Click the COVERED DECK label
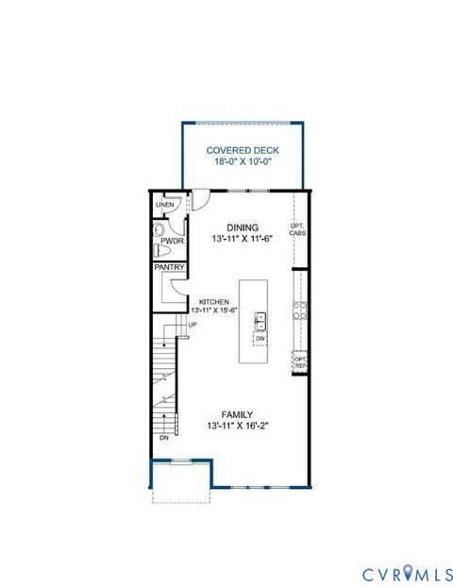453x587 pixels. [242, 149]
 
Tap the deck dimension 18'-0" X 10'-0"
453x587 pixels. [242, 161]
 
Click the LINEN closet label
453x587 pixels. [164, 205]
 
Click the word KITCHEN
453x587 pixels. [213, 302]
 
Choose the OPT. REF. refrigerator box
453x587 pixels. [300, 361]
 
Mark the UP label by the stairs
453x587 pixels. [193, 326]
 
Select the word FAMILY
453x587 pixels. [236, 414]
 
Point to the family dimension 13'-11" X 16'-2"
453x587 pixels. [236, 427]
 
